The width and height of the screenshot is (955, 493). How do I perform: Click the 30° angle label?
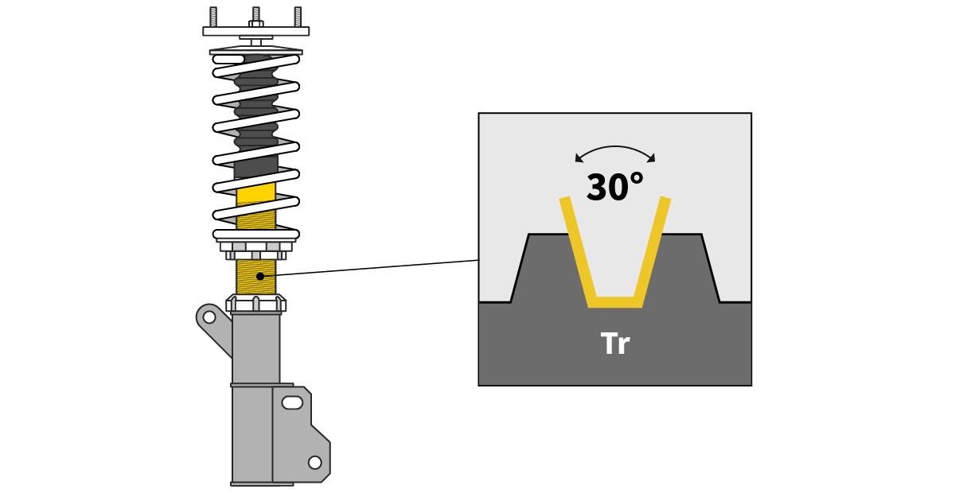[614, 187]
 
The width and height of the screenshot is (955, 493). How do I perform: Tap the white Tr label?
[614, 344]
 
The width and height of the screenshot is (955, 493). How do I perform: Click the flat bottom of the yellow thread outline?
[615, 302]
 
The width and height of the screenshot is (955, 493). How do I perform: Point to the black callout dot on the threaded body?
[260, 276]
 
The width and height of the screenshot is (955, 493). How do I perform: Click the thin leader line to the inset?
[374, 268]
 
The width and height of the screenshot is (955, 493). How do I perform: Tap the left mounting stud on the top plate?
[213, 17]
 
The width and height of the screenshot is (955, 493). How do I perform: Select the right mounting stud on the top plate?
[298, 17]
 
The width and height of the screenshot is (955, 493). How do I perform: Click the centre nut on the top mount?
[256, 24]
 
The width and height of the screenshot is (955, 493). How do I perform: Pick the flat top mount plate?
[256, 32]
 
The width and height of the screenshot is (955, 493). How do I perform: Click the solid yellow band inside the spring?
[256, 194]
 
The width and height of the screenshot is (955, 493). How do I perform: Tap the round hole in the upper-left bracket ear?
[209, 317]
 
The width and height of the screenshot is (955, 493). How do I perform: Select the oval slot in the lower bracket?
[292, 402]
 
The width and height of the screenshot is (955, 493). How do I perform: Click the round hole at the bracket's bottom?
[315, 462]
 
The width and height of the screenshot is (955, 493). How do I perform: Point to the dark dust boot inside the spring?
[256, 119]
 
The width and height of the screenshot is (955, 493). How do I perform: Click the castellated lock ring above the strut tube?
[256, 304]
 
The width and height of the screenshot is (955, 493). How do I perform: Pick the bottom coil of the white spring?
[256, 234]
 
